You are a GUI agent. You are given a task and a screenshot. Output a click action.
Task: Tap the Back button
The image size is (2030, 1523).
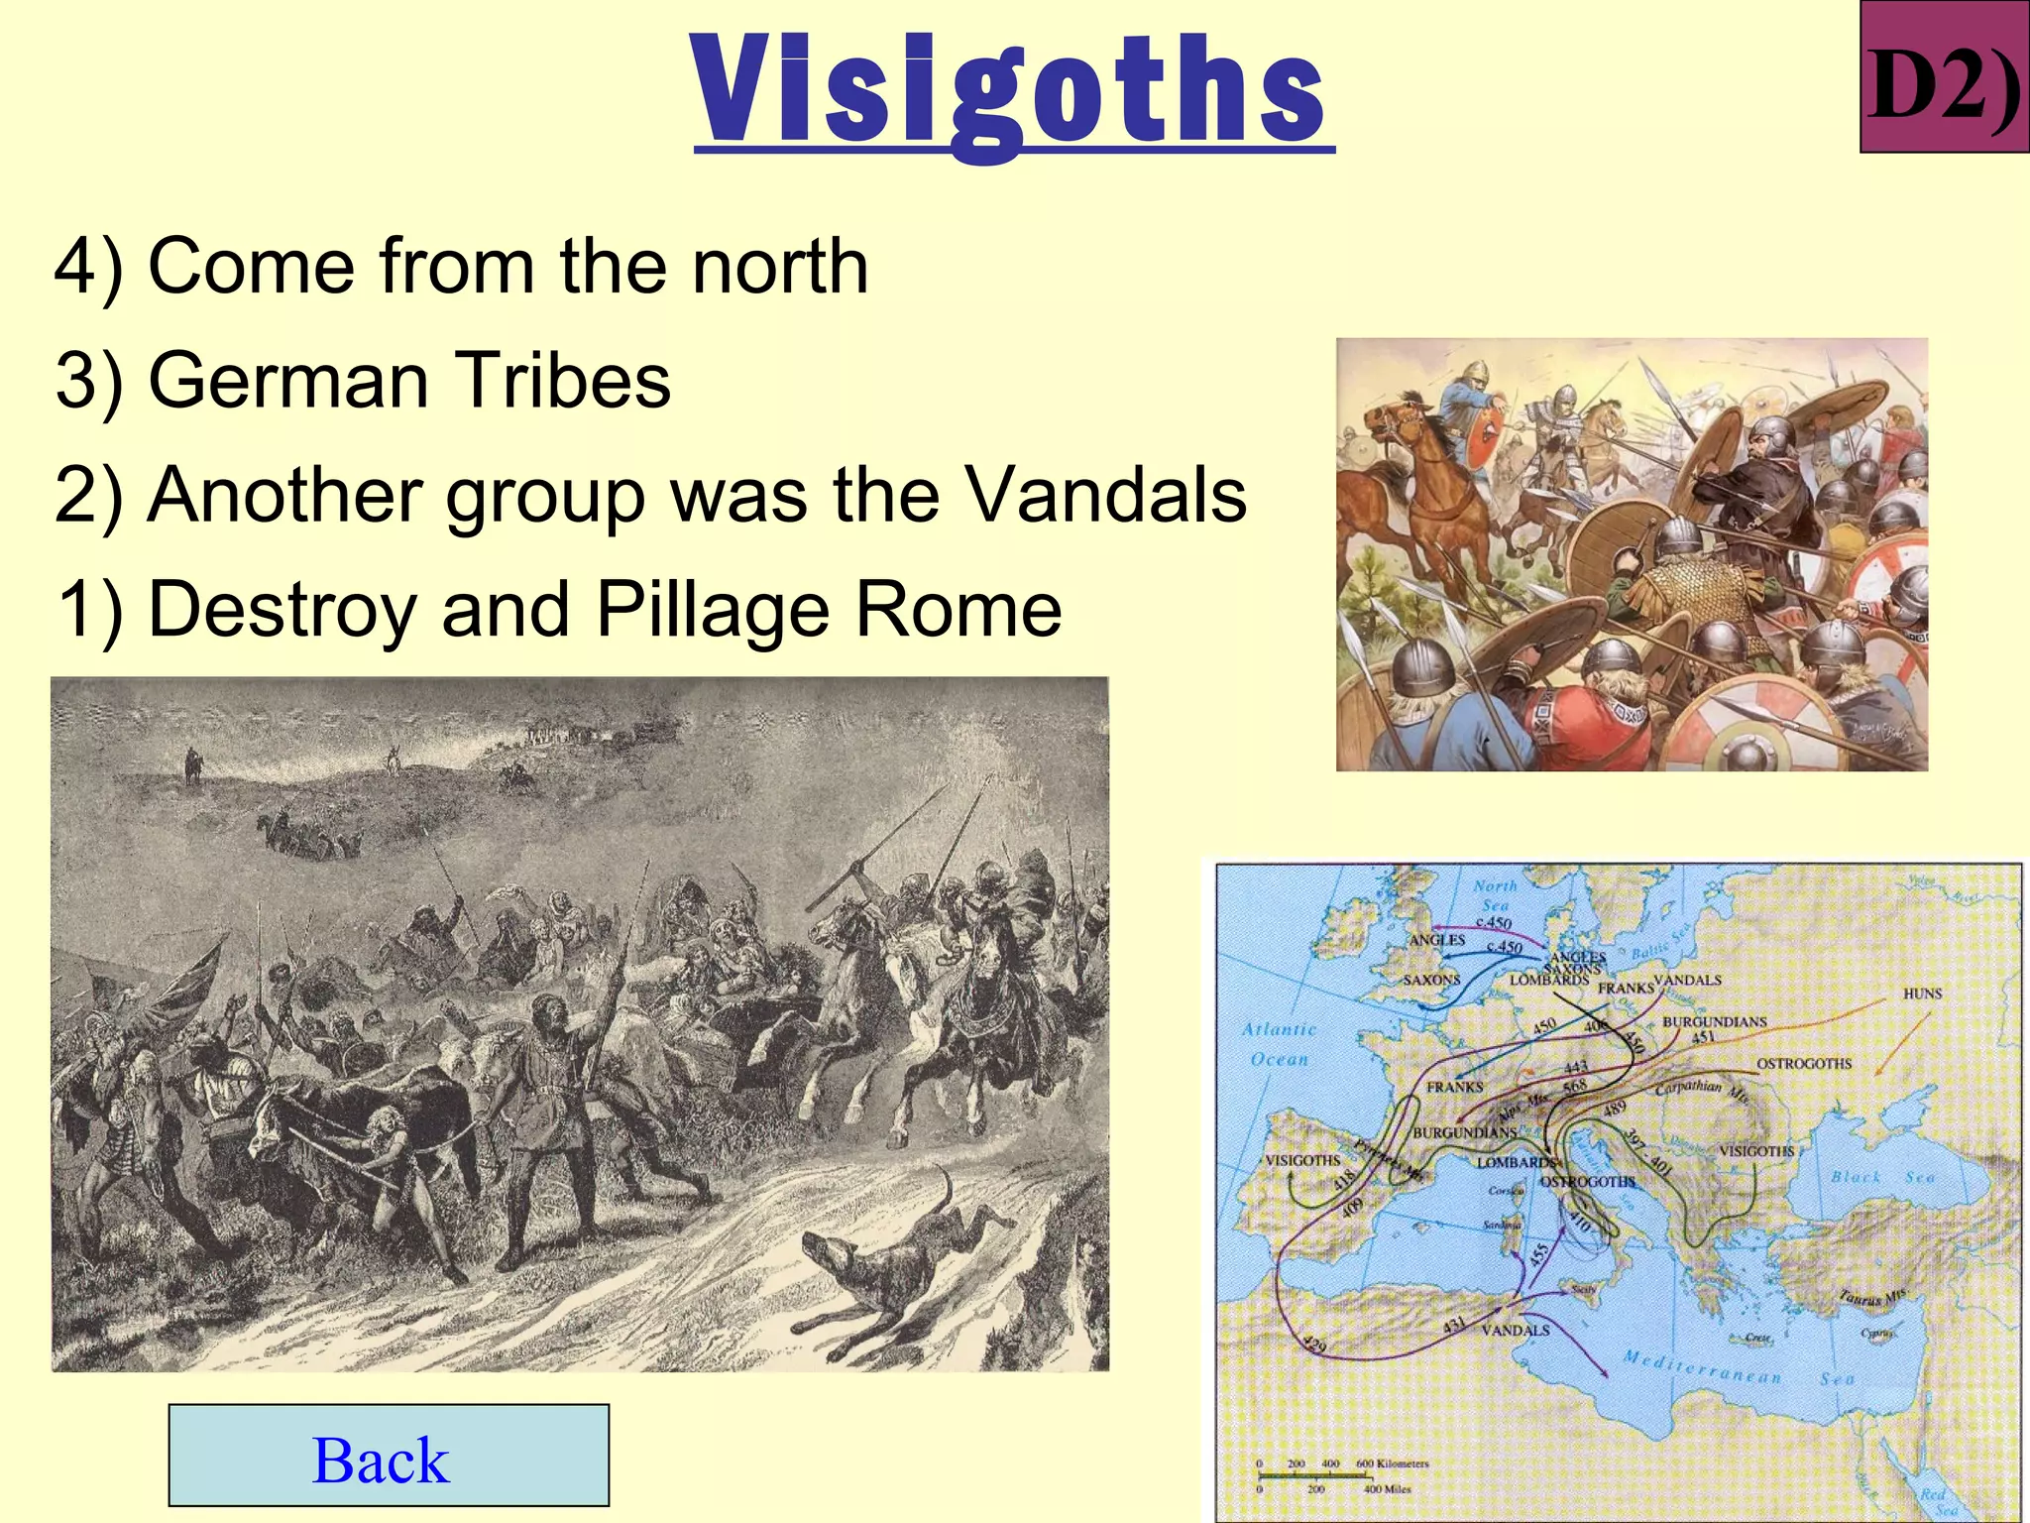(x=389, y=1456)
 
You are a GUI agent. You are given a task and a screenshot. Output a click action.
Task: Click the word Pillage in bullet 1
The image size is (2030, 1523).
(x=713, y=609)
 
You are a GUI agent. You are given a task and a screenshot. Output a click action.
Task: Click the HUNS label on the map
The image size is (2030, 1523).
(x=1922, y=994)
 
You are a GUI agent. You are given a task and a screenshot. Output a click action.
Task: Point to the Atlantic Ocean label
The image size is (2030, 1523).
(x=1280, y=1044)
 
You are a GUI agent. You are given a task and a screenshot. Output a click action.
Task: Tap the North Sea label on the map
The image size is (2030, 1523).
(x=1494, y=894)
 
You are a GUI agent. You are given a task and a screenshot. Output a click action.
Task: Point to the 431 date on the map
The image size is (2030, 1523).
(x=1453, y=1324)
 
